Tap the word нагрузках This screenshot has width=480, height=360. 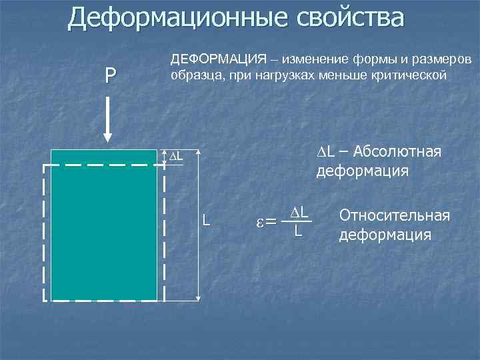click(281, 75)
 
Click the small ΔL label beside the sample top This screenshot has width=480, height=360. click(174, 156)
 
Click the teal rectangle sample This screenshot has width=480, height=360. click(103, 227)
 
